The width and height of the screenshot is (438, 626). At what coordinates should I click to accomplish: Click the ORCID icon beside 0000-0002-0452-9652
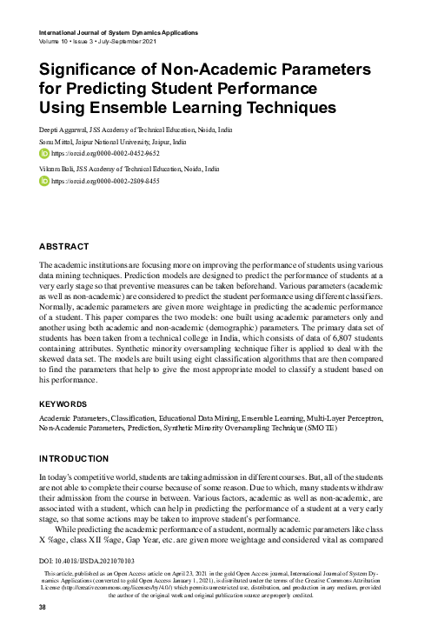point(46,153)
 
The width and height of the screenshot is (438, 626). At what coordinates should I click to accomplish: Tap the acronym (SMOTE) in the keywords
point(320,430)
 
